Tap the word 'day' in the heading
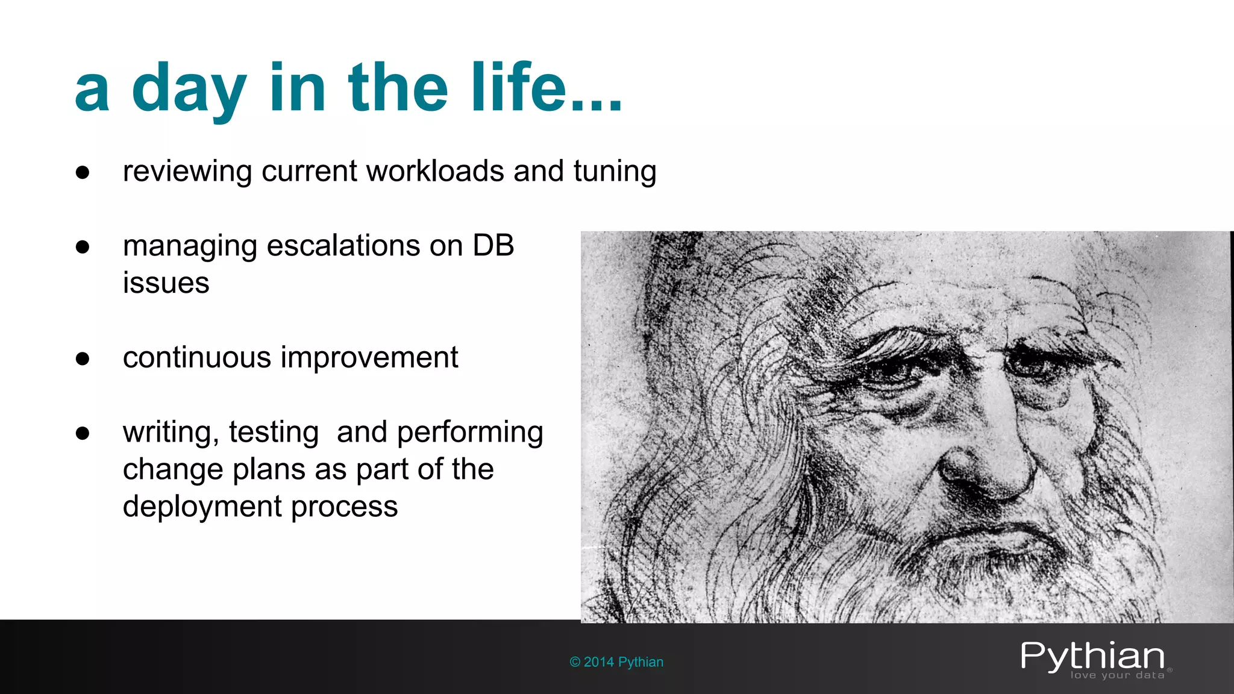[x=189, y=90]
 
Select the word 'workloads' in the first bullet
[x=435, y=171]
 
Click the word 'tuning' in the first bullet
[x=615, y=172]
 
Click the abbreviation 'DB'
[x=493, y=246]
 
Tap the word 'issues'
[x=166, y=283]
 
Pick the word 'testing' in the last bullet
[x=274, y=433]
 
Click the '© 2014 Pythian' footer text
[x=616, y=662]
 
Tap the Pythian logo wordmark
[x=1092, y=656]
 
